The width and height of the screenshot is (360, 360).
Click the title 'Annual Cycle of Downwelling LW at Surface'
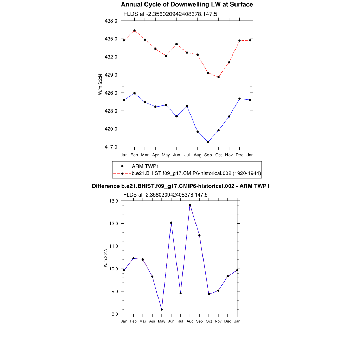pos(187,5)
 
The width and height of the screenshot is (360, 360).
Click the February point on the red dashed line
pos(134,30)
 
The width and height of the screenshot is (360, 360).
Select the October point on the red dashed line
pos(218,77)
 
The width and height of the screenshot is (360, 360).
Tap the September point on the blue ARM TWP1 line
pos(208,142)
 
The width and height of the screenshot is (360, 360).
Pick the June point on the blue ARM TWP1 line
pos(176,116)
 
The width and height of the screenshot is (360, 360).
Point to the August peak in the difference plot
pos(190,205)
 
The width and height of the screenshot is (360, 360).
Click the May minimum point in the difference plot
pos(162,309)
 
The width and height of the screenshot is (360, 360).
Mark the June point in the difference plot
pos(171,223)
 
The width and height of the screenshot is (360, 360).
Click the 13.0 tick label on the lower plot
pos(114,201)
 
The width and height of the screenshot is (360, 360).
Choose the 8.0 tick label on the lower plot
pos(115,314)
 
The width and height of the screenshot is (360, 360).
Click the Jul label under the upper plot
pos(187,155)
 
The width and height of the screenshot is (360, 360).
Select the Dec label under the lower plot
pos(228,321)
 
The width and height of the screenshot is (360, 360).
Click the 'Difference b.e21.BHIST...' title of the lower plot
pos(180,186)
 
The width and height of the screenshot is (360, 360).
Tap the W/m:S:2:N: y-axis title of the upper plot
pos(100,84)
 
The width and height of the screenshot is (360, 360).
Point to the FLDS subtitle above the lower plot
pos(166,195)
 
